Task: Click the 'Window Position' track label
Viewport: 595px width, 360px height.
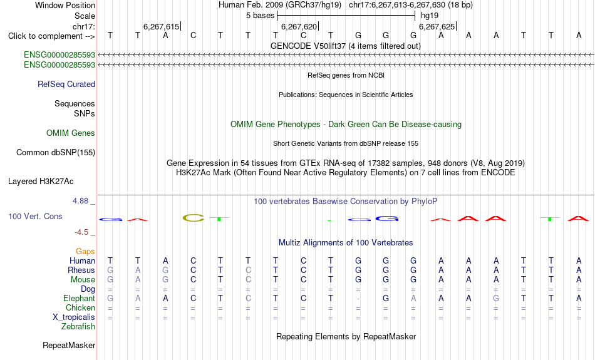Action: click(x=65, y=5)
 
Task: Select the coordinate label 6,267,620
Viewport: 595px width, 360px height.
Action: click(x=299, y=26)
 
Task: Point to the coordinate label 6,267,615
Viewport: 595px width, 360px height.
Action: click(x=161, y=26)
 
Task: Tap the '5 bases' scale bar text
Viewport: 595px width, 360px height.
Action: click(x=260, y=16)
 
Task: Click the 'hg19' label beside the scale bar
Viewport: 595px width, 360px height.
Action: click(x=430, y=16)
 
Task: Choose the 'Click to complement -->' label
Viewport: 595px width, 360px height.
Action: click(x=51, y=36)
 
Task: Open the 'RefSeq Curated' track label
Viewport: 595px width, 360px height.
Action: click(x=66, y=85)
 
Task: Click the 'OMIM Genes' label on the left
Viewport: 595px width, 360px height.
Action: click(x=71, y=133)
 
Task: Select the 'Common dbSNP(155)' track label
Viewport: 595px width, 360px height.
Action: click(x=56, y=153)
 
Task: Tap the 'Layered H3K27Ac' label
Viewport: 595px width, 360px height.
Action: click(x=41, y=182)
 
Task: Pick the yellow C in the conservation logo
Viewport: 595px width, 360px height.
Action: click(x=193, y=218)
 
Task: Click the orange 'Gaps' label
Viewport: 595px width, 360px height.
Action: click(x=85, y=252)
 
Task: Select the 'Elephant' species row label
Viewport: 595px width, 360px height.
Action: click(x=80, y=299)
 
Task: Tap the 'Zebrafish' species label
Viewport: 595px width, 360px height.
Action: click(x=78, y=327)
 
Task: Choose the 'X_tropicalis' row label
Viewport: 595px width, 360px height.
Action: click(x=74, y=317)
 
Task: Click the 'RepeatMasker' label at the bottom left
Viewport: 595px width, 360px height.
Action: click(x=69, y=345)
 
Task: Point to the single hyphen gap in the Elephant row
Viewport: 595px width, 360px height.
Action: click(x=358, y=299)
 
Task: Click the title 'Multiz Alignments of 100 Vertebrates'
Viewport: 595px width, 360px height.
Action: click(x=346, y=243)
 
